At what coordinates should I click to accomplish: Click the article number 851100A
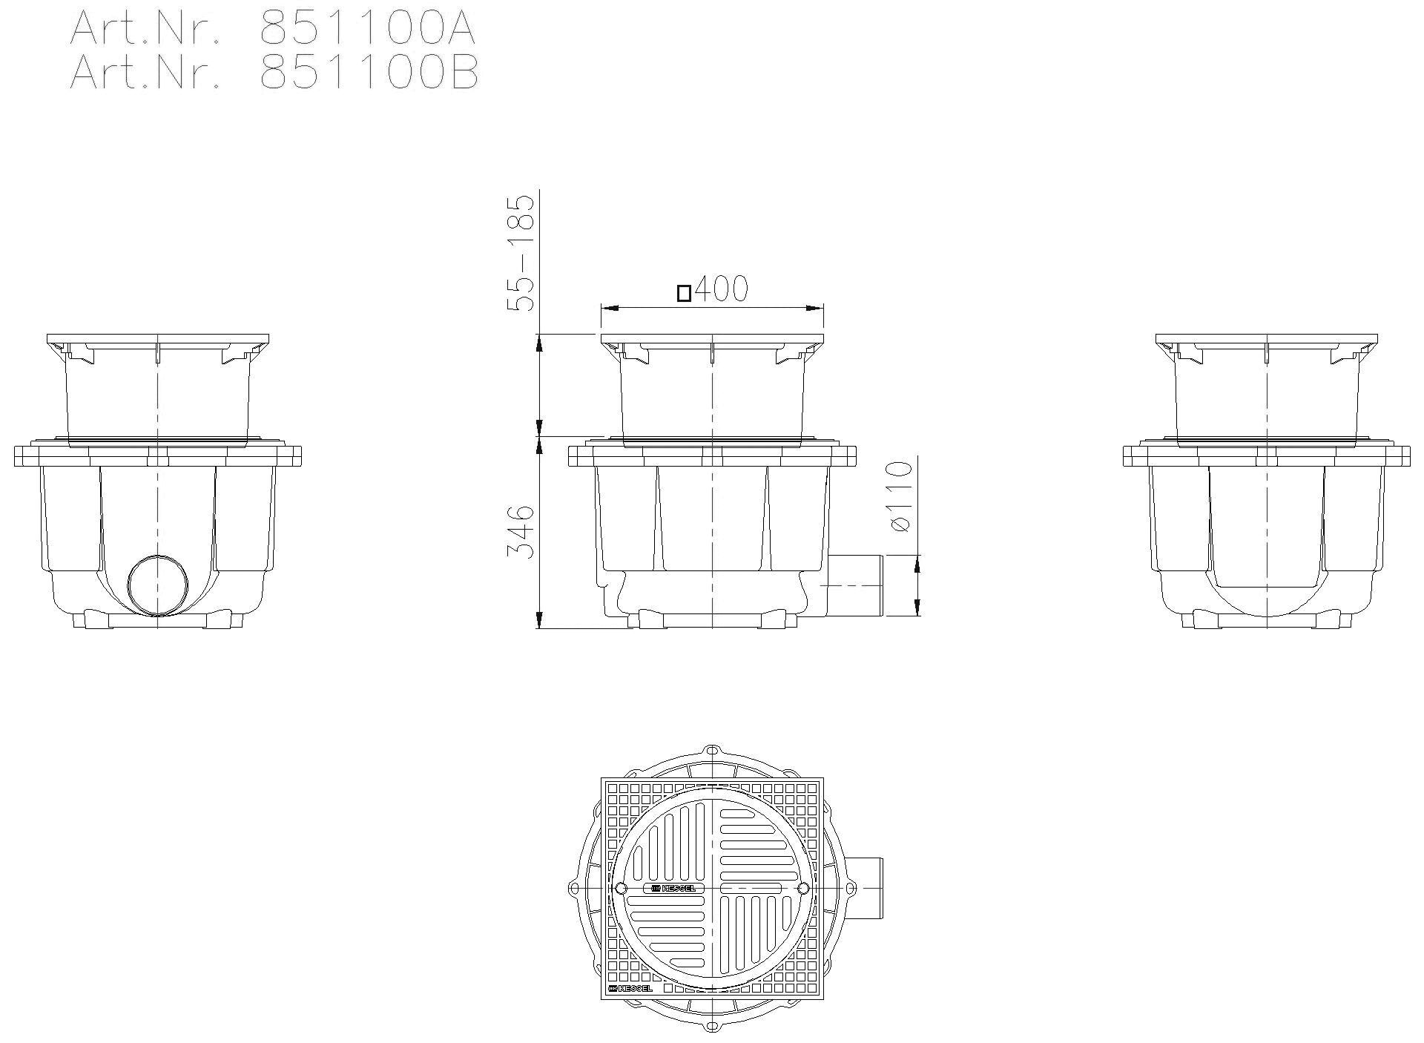tap(368, 29)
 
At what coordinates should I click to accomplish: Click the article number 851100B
tap(369, 73)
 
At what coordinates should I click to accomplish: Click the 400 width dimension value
tap(722, 289)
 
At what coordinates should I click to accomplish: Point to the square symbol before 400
tap(684, 294)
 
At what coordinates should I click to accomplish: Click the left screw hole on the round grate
tap(621, 888)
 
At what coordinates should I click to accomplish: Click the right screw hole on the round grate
tap(803, 888)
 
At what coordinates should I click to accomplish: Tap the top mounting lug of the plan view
tap(712, 751)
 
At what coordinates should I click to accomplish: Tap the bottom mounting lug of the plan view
tap(712, 1026)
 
